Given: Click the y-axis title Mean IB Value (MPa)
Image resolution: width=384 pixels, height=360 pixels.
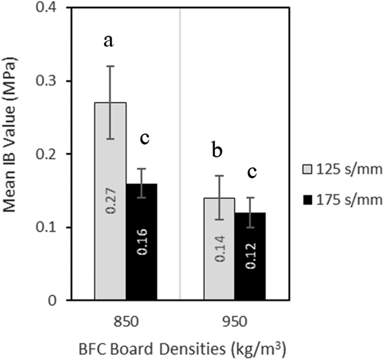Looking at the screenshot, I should (x=13, y=154).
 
